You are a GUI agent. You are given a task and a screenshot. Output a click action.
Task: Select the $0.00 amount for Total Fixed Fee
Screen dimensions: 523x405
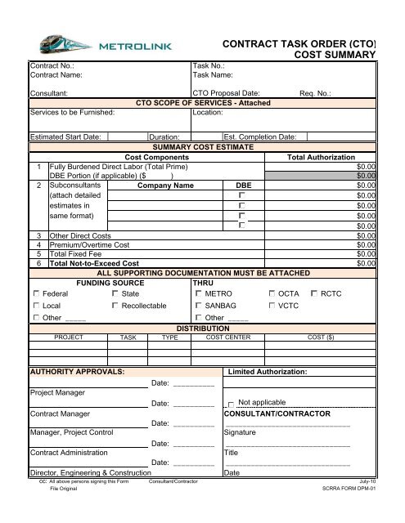coord(366,254)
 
